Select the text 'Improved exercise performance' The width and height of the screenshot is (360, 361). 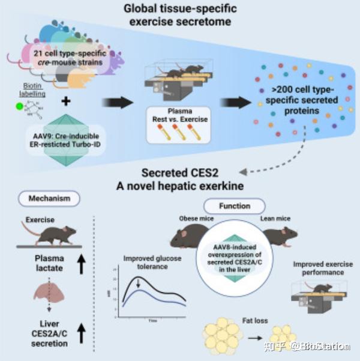(323, 268)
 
